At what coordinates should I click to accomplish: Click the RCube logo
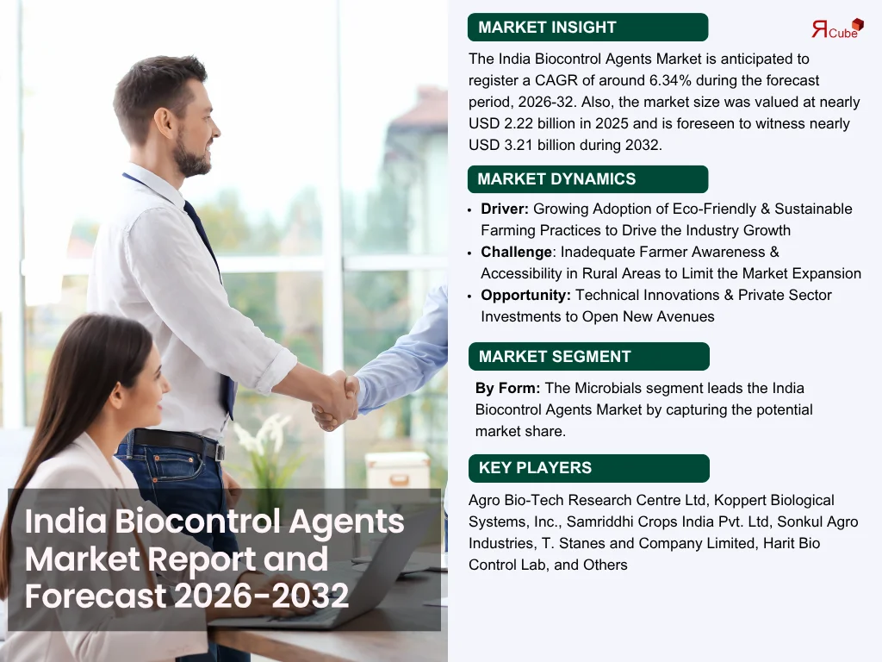pyautogui.click(x=837, y=28)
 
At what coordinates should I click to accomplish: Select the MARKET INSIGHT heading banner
pyautogui.click(x=587, y=27)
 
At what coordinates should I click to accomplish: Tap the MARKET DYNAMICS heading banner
pyautogui.click(x=587, y=179)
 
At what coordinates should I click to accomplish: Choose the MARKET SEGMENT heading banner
pyautogui.click(x=589, y=356)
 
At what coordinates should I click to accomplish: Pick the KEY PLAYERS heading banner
pyautogui.click(x=589, y=468)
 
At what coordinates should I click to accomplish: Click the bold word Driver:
pyautogui.click(x=505, y=209)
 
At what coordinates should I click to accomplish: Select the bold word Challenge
pyautogui.click(x=517, y=252)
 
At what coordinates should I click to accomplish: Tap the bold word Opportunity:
pyautogui.click(x=526, y=295)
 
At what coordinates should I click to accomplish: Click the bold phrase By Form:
pyautogui.click(x=507, y=388)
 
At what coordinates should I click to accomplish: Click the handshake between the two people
pyautogui.click(x=336, y=400)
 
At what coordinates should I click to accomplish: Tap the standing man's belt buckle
pyautogui.click(x=220, y=451)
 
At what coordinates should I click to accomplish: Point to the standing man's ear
pyautogui.click(x=164, y=122)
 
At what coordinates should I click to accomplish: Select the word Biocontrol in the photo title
pyautogui.click(x=198, y=521)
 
